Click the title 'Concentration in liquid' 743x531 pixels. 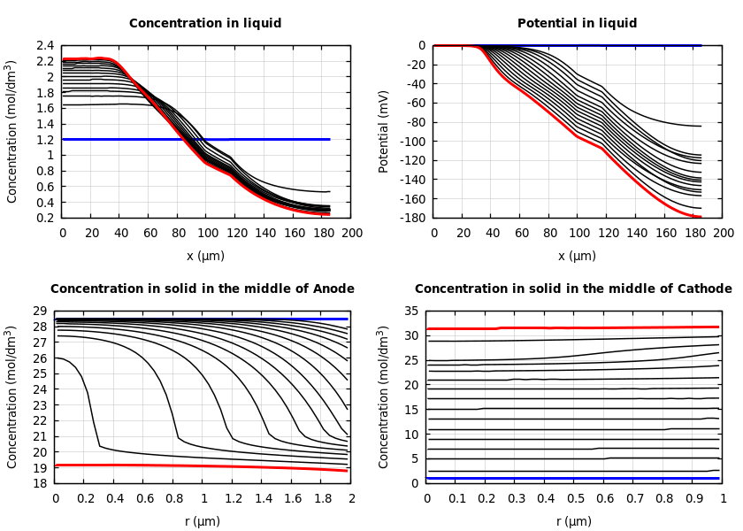(x=205, y=24)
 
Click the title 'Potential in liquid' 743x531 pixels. (x=577, y=24)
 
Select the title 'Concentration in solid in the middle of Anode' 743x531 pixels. (x=203, y=289)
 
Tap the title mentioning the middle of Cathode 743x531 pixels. (x=573, y=289)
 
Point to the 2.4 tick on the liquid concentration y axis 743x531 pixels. (x=44, y=46)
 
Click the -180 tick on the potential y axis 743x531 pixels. (x=411, y=218)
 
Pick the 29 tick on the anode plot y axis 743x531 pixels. (x=39, y=312)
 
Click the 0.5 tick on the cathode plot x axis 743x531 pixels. (x=575, y=499)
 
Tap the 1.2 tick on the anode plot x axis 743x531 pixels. (x=233, y=499)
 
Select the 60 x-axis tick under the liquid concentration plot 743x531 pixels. (x=149, y=234)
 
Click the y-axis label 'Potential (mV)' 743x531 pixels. (x=384, y=131)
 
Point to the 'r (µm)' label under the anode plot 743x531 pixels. (x=203, y=521)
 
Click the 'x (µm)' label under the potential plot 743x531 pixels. (x=577, y=256)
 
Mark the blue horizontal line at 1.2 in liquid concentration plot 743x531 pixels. (x=265, y=139)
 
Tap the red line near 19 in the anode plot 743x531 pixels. (x=177, y=466)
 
